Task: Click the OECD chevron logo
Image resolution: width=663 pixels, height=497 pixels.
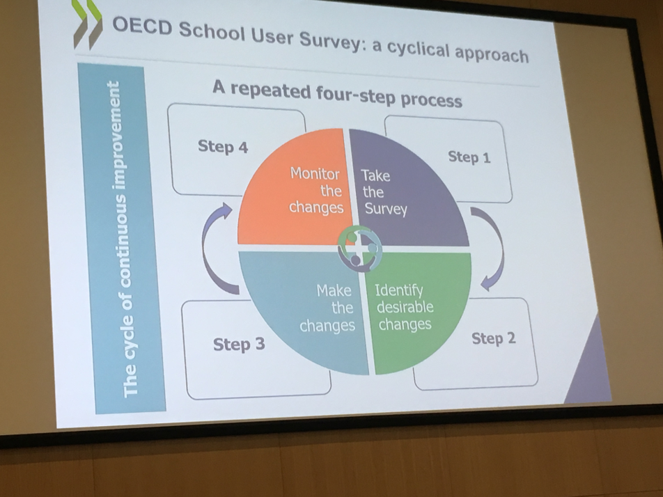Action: click(x=87, y=24)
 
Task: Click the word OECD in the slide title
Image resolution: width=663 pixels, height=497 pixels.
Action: click(x=143, y=26)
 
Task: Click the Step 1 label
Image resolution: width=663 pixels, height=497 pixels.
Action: click(x=469, y=157)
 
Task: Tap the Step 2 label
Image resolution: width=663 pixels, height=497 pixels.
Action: click(x=494, y=338)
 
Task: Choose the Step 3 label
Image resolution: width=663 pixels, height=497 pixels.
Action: click(x=239, y=344)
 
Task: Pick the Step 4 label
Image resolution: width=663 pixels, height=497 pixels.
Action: click(x=223, y=147)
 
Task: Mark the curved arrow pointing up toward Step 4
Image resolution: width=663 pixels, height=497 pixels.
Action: click(x=210, y=249)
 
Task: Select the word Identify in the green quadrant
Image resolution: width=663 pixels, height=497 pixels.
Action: click(x=399, y=290)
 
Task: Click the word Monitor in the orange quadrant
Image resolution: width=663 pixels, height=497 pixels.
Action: click(x=315, y=174)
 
